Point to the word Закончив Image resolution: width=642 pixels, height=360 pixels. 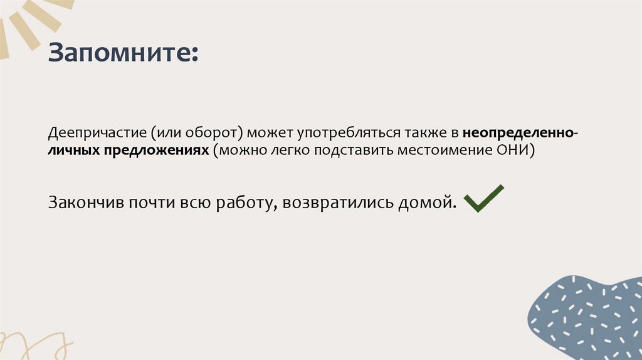[x=85, y=203]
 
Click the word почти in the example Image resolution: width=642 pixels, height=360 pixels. [x=150, y=203]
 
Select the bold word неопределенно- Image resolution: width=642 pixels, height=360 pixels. [x=521, y=133]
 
